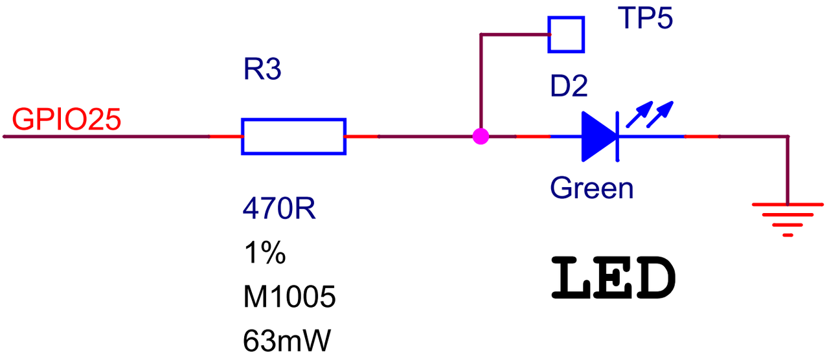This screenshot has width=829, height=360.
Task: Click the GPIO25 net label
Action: point(67,120)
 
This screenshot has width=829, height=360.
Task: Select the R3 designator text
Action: point(262,69)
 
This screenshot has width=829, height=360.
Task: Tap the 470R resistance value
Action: point(279,208)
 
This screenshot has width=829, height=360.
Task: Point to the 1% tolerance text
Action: point(265,253)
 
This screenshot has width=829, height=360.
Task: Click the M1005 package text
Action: point(290,297)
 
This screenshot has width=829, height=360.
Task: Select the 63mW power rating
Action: point(287,341)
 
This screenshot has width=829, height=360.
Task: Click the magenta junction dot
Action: point(481,137)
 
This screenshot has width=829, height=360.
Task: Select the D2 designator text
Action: point(569,86)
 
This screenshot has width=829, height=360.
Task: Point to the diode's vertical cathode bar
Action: point(617,137)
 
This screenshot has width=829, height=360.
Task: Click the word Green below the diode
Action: point(592,188)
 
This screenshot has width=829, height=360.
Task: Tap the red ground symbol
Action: point(788,219)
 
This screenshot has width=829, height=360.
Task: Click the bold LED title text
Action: point(613,278)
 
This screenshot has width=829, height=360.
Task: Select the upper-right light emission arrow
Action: point(660,115)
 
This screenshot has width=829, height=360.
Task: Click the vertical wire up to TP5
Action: point(481,85)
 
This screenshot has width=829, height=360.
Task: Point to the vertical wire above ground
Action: point(788,170)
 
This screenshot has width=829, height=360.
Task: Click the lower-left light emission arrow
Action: point(639,115)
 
